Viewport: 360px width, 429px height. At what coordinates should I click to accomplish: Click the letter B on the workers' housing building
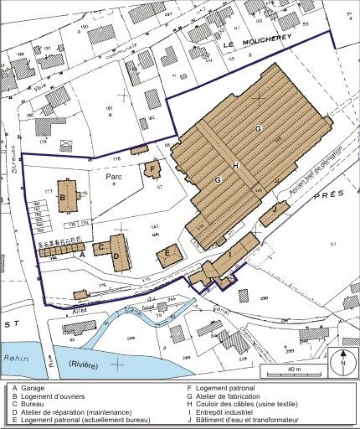[x=64, y=197]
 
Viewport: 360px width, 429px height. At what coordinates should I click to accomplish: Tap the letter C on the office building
[x=100, y=247]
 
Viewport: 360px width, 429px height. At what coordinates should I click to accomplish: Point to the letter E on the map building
[x=168, y=252]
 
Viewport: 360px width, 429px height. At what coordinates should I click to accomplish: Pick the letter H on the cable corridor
[x=237, y=166]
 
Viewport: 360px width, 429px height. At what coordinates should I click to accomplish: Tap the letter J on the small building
[x=273, y=209]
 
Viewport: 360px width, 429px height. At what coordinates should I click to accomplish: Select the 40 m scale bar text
[x=290, y=370]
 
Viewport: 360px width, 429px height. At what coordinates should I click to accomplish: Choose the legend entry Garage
[x=33, y=388]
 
